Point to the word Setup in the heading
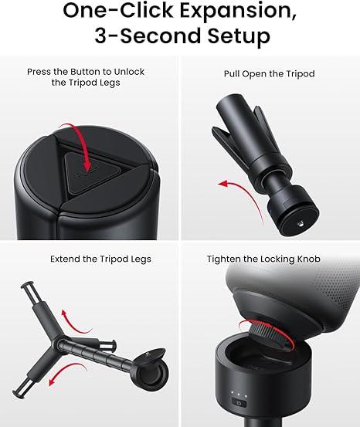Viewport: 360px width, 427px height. click(x=232, y=37)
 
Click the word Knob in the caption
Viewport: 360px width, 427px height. click(x=306, y=259)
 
